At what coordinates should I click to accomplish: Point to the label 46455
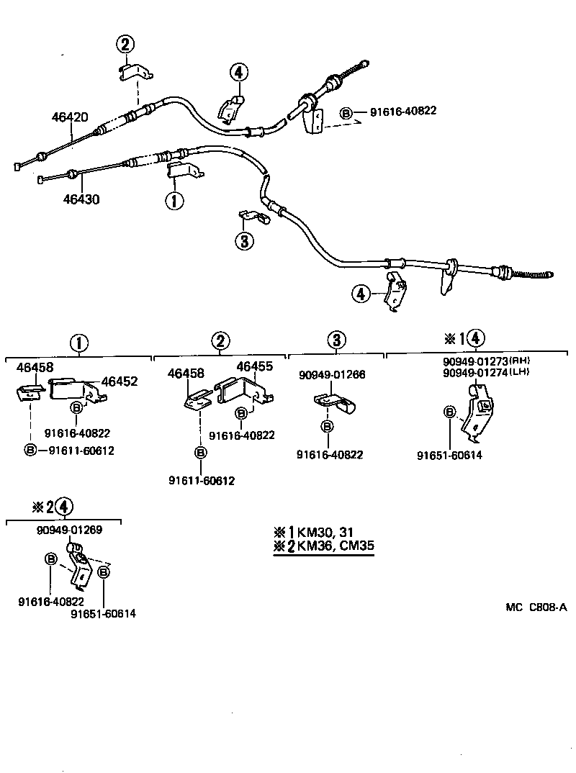(254, 366)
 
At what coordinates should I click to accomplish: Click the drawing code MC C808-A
(536, 607)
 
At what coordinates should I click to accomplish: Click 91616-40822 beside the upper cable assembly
(403, 112)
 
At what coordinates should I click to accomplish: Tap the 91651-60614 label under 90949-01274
(449, 455)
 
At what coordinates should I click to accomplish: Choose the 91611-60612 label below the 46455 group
(201, 480)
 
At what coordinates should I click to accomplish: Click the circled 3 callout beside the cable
(245, 240)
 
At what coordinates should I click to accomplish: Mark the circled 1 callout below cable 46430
(174, 200)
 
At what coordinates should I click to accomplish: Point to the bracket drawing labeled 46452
(76, 389)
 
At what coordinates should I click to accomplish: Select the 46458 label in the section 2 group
(186, 374)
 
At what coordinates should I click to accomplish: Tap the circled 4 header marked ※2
(63, 506)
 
